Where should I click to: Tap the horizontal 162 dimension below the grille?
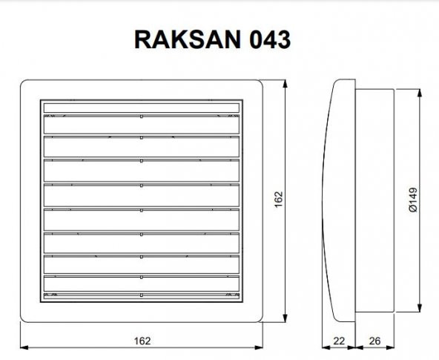[142, 341]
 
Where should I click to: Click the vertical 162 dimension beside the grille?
[279, 201]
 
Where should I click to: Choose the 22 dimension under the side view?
[340, 341]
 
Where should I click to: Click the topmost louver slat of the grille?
[141, 108]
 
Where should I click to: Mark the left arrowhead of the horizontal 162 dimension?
[23, 347]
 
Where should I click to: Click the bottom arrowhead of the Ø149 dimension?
[421, 310]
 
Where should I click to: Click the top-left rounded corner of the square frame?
[23, 84]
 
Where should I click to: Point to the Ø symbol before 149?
[415, 216]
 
